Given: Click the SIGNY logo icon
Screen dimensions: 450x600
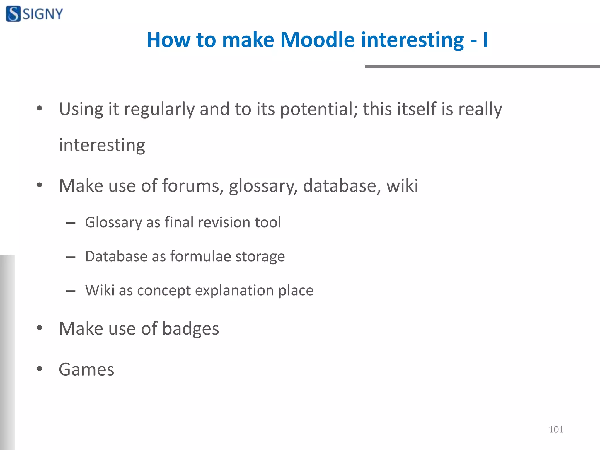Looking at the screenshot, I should click(x=13, y=14).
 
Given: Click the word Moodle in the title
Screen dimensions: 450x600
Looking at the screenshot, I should click(x=317, y=40).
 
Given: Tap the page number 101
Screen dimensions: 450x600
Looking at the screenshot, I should click(x=556, y=429).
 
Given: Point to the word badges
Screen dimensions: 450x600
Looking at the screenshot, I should click(x=190, y=329).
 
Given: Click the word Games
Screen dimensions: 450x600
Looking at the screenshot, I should click(x=86, y=369).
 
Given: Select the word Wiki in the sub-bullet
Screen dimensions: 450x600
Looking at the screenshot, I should click(x=100, y=290).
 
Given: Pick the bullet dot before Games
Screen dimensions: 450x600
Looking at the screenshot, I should click(x=40, y=369).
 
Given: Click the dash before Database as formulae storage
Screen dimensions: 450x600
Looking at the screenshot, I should click(x=71, y=257).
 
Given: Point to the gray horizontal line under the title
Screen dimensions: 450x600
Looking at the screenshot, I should click(x=482, y=67).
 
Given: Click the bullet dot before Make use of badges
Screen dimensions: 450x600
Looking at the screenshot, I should click(x=40, y=328).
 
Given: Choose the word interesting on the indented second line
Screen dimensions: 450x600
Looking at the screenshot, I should click(x=102, y=145).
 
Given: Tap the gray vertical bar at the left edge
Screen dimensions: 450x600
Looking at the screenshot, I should click(x=7, y=352).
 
